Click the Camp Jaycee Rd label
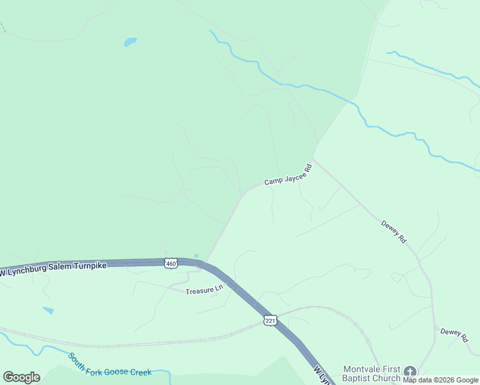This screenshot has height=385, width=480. tap(287, 174)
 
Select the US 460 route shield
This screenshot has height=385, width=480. tap(170, 263)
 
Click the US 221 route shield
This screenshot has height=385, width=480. tap(270, 320)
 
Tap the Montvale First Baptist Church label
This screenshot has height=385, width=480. tap(372, 373)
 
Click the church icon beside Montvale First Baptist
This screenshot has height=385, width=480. tap(409, 371)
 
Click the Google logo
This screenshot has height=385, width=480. tap(21, 377)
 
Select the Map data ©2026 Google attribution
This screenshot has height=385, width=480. tap(440, 381)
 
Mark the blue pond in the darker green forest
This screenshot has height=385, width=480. tap(130, 42)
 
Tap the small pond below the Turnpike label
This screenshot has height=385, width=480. tap(49, 311)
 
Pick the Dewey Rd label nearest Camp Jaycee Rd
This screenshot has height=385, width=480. tap(394, 232)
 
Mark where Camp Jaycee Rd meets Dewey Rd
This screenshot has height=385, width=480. tap(313, 158)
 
